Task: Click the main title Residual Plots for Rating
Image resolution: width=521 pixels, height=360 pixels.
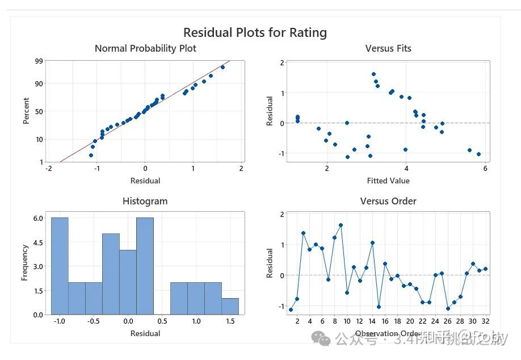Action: (x=255, y=32)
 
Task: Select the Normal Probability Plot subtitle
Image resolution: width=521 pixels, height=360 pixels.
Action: (x=145, y=48)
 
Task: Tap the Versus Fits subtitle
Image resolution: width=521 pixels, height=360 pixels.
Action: (x=388, y=48)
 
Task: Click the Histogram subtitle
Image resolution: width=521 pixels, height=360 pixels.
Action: (x=145, y=201)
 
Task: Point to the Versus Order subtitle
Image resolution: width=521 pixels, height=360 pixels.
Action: (x=388, y=201)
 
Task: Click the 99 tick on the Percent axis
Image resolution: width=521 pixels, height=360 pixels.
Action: (x=39, y=61)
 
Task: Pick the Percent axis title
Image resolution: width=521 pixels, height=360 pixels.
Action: (x=26, y=111)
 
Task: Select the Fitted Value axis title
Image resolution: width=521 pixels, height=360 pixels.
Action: (x=388, y=181)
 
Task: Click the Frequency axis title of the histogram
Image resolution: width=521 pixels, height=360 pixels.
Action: (x=24, y=262)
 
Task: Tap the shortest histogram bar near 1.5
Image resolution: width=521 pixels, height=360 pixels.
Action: (x=230, y=306)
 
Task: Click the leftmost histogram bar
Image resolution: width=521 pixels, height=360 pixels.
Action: (x=60, y=266)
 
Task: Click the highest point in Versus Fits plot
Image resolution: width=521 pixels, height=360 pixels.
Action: (x=373, y=74)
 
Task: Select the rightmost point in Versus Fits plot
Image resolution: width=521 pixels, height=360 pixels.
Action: (x=478, y=154)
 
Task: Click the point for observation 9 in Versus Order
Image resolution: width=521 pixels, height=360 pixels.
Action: (x=341, y=225)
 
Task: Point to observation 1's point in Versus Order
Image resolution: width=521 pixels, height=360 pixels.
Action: (x=291, y=309)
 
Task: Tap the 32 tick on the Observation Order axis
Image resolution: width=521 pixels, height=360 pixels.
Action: (x=485, y=320)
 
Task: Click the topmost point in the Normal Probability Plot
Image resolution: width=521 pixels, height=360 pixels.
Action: (x=222, y=67)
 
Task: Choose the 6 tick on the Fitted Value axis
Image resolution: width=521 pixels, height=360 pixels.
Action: (x=485, y=169)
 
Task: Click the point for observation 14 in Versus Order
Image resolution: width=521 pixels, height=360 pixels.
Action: (x=372, y=242)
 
